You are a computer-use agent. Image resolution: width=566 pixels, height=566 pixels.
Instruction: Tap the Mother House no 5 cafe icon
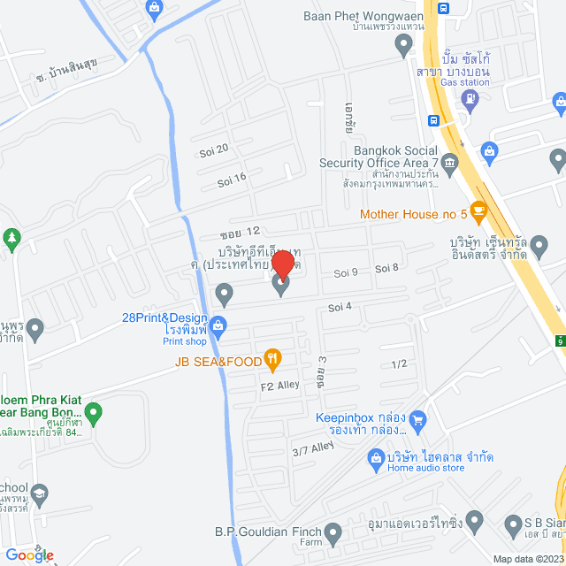pyautogui.click(x=479, y=211)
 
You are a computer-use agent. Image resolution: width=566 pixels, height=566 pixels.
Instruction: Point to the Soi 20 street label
pyautogui.click(x=214, y=149)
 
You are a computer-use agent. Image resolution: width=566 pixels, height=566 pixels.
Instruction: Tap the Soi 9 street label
pyautogui.click(x=346, y=272)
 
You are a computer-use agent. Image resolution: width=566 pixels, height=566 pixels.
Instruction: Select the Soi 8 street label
pyautogui.click(x=387, y=268)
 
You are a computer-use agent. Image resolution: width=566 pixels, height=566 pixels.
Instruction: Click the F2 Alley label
pyautogui.click(x=279, y=385)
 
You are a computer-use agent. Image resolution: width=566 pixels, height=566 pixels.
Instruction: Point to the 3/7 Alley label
pyautogui.click(x=311, y=450)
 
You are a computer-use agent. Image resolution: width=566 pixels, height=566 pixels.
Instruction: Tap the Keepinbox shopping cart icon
pyautogui.click(x=419, y=418)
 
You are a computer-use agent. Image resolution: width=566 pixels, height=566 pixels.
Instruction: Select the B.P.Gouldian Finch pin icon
pyautogui.click(x=333, y=533)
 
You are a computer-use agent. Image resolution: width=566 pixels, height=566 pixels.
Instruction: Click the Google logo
pyautogui.click(x=29, y=555)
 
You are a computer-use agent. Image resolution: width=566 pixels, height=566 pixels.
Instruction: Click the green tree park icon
pyautogui.click(x=11, y=237)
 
